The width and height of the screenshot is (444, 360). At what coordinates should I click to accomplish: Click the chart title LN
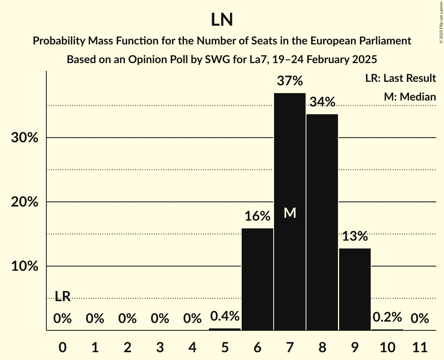pos(222,20)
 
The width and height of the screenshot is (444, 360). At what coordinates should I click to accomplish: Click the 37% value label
pos(290,81)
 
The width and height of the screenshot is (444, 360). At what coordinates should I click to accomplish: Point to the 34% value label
pos(322,102)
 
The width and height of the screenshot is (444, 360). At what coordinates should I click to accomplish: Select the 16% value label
pos(257,216)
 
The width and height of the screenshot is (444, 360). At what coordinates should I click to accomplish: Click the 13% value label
pos(355,236)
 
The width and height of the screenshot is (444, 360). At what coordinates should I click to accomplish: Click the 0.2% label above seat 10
pos(387,317)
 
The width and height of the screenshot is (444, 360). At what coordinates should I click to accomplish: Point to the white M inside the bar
pos(290,213)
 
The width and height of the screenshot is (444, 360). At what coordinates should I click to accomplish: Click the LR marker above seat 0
pos(62,296)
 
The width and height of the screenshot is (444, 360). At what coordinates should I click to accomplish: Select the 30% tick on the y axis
pos(24,138)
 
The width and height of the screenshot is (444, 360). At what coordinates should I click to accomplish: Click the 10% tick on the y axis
pos(24,266)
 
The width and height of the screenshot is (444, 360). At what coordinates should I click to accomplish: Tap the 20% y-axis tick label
pos(24,202)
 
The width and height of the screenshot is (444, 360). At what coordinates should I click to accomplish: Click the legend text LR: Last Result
pos(400,78)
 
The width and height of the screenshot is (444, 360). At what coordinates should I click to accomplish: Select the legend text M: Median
pos(410,97)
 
